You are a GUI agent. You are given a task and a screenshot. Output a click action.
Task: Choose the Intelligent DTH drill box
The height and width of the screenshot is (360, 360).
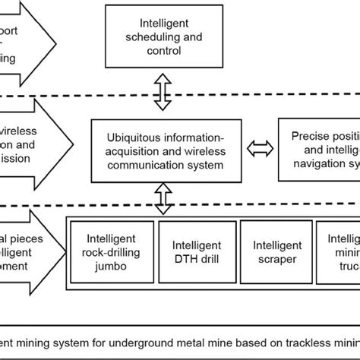click(x=197, y=251)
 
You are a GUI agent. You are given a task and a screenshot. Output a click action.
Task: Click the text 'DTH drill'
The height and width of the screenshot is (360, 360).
click(x=197, y=257)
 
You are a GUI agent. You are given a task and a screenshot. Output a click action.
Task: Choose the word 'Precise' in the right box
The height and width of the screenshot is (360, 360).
click(x=311, y=136)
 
